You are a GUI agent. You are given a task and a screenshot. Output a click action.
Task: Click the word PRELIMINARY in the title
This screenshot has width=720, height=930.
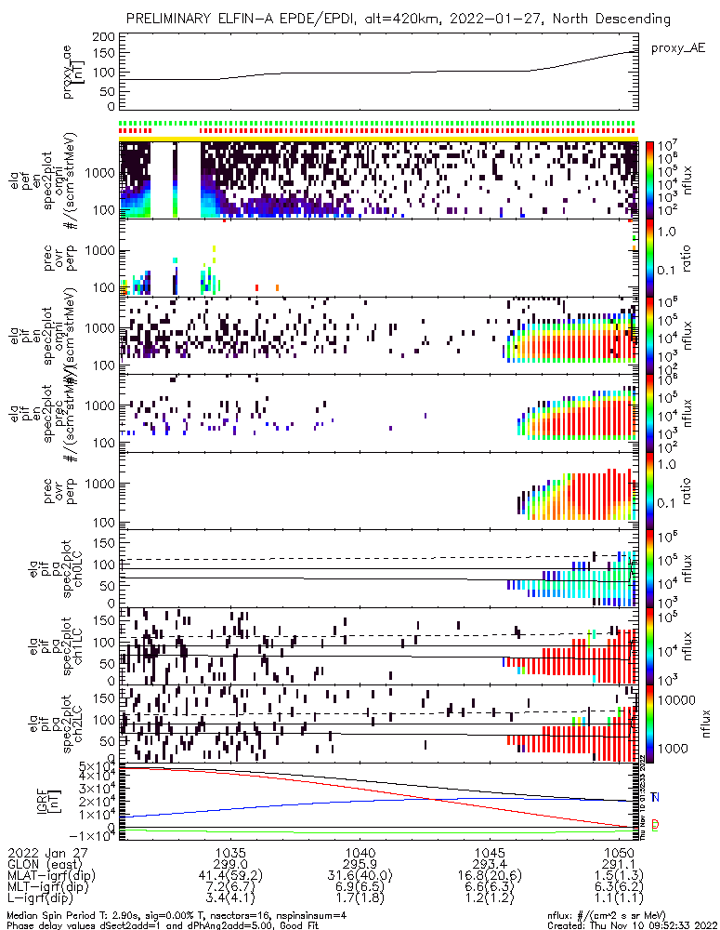pos(174,19)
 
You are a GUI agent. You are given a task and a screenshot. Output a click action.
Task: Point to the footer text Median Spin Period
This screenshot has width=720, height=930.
pos(51,912)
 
